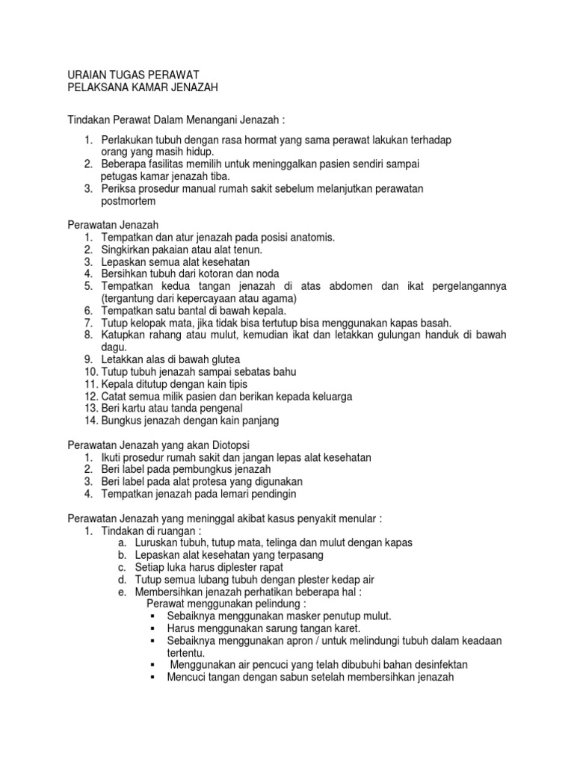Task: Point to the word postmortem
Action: (x=128, y=202)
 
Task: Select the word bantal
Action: (x=195, y=310)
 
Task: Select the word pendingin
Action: (x=267, y=494)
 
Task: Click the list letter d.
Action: (x=122, y=579)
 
